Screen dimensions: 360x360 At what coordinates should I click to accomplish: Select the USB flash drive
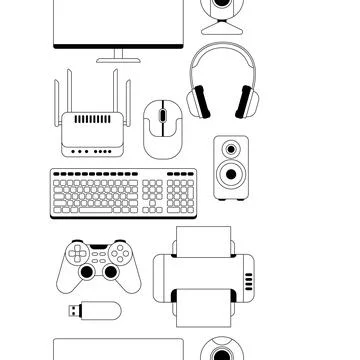click(x=97, y=310)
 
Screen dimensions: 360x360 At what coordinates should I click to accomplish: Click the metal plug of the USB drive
click(x=76, y=311)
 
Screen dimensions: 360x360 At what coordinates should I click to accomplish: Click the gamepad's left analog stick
click(x=87, y=271)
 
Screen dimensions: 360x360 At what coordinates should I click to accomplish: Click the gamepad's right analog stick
click(x=107, y=271)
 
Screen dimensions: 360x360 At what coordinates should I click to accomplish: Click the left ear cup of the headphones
click(x=199, y=100)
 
